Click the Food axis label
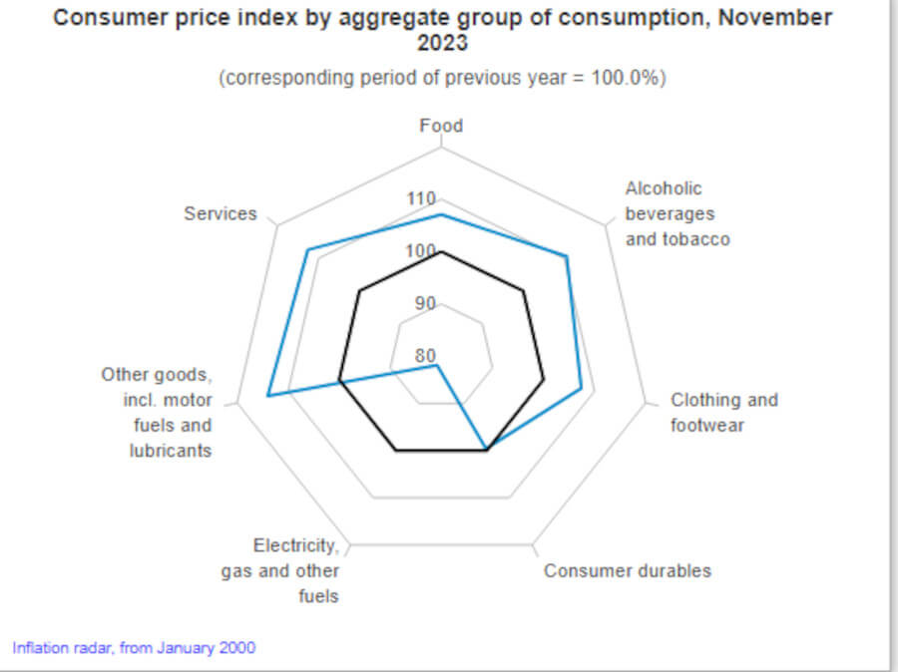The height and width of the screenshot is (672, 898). point(441,126)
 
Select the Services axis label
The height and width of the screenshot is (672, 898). point(220,213)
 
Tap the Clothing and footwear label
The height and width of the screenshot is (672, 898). point(723,413)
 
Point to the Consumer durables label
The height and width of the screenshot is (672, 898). point(627,570)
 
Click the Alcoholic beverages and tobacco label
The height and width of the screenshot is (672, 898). point(676,213)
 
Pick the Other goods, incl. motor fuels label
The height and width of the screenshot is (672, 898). point(157,413)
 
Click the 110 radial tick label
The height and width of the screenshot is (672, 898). point(421,198)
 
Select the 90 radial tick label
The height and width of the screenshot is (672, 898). point(425,303)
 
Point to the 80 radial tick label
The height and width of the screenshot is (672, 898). point(425,356)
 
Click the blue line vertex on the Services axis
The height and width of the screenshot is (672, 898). point(308,249)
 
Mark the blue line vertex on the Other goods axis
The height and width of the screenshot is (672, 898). point(267,397)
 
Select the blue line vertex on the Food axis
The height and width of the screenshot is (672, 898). point(441,214)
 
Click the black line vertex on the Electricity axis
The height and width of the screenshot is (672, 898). point(396,451)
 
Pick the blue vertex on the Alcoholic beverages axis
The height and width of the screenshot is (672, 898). point(567,257)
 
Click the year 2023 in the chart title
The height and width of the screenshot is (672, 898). point(441,45)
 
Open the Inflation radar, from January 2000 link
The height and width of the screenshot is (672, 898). point(134,647)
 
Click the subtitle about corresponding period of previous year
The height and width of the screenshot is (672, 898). point(441,78)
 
